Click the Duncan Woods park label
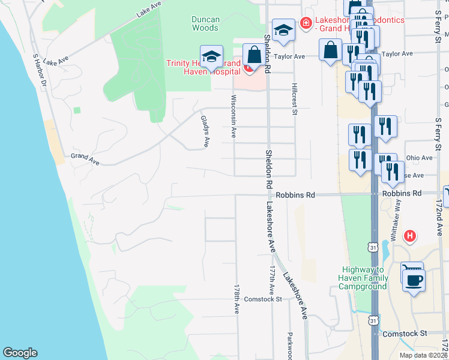205,23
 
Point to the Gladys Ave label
205,133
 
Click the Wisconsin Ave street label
234,116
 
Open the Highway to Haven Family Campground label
364,278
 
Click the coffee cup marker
414,280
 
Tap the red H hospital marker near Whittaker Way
411,236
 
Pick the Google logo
20,353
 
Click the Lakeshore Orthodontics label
354,23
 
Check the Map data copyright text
424,355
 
